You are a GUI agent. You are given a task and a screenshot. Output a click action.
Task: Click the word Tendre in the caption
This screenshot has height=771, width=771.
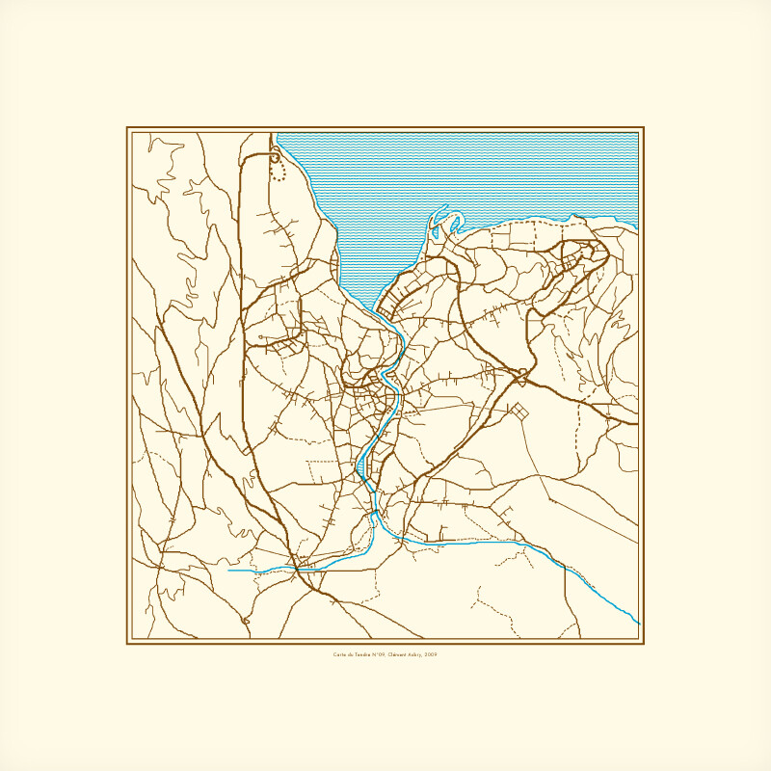pos(364,654)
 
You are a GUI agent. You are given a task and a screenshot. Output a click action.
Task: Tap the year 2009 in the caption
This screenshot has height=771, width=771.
pos(431,654)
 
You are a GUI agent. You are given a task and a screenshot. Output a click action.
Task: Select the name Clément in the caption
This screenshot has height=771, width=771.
pos(395,654)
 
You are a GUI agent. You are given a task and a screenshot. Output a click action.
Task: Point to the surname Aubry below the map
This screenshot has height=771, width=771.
pos(413,654)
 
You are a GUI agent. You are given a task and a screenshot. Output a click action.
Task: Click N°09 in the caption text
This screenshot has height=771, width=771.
pos(380,654)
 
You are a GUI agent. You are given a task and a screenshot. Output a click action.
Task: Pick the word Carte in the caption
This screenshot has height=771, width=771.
pos(340,654)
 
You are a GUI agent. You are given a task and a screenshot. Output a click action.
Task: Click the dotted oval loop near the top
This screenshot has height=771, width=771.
pos(279,172)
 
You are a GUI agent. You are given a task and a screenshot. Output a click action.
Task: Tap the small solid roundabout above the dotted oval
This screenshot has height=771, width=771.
pos(276,151)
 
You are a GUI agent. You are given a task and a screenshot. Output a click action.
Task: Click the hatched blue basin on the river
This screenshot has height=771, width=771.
pos(366,466)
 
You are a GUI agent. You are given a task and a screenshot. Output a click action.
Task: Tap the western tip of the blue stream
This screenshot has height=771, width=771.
pos(228,571)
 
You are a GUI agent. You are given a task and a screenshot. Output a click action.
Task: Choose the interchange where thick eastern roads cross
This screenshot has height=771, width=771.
pos(522,372)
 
